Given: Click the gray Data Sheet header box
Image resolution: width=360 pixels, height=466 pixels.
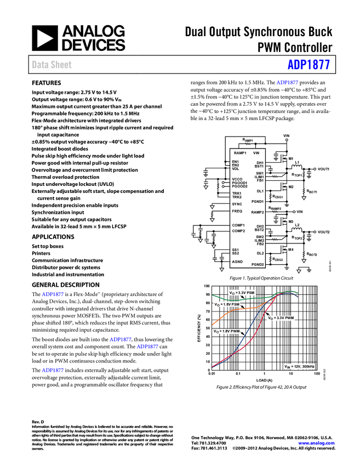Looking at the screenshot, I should (52, 65).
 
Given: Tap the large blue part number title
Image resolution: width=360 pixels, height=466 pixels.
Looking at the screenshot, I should (308, 65).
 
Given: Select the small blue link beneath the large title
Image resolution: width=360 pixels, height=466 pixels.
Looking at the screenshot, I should (288, 83).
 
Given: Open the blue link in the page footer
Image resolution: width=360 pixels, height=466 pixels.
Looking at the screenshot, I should (316, 442).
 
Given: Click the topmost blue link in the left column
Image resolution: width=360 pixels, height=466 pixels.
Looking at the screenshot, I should (53, 294).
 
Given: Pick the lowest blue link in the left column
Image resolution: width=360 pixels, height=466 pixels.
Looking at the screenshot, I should (53, 371).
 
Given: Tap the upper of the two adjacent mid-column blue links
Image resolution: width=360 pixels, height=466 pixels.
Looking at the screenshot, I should (121, 340).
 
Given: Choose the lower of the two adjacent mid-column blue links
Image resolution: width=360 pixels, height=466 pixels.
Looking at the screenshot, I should (147, 346).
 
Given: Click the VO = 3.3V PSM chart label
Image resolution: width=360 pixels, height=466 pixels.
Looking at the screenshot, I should (242, 293).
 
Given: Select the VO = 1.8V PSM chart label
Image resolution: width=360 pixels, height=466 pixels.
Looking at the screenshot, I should (227, 304).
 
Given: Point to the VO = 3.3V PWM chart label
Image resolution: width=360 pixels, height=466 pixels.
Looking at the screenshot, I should (281, 318).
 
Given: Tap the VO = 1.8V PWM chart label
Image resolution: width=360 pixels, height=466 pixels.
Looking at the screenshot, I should (227, 332).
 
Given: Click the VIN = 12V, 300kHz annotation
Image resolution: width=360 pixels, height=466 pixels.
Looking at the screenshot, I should (299, 366).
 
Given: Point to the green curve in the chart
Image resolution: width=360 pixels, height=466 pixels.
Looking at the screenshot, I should (247, 298).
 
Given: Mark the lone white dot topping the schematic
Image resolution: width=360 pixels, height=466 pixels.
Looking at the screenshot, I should (287, 140).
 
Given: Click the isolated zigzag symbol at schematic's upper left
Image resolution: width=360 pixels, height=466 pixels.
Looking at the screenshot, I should (247, 145).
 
